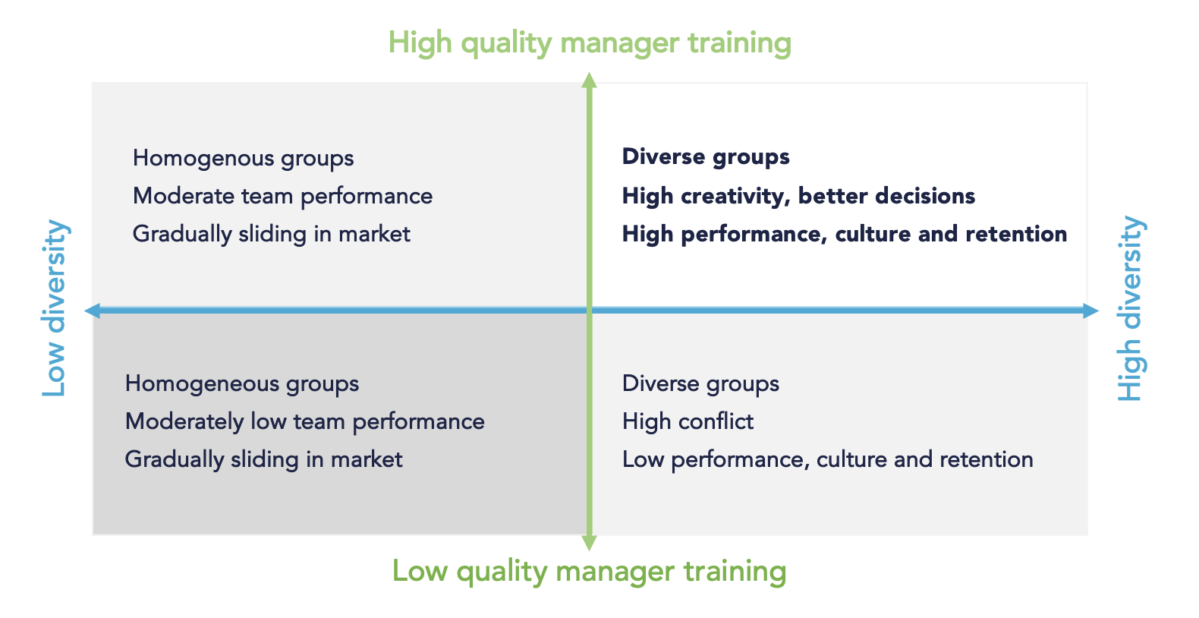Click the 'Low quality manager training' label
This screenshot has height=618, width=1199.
[590, 572]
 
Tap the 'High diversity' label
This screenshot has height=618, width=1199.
[1131, 308]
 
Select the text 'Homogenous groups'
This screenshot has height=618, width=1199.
[243, 159]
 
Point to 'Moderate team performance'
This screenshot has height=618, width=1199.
[282, 197]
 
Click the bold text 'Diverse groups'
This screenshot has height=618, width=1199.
[706, 157]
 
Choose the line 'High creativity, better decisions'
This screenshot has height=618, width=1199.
[798, 196]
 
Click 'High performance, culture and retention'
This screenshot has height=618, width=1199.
[844, 234]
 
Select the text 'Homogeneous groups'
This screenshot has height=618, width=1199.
[242, 384]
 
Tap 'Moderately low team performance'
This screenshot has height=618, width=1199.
[304, 422]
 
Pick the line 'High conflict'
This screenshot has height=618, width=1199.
[688, 421]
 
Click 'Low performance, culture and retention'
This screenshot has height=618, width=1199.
[827, 459]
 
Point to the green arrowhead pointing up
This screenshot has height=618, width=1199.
[590, 80]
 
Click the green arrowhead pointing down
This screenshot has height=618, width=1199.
[590, 543]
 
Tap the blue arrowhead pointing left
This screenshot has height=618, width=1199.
[92, 311]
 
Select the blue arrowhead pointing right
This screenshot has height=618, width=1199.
[1091, 311]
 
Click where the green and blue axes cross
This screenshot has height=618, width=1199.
[590, 311]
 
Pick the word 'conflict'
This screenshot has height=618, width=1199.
[716, 421]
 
